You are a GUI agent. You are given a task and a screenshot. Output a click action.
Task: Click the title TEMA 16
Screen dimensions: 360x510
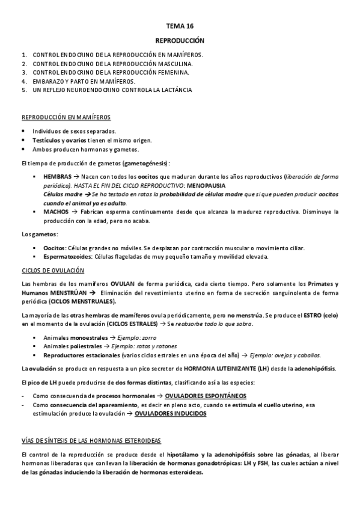(x=180, y=26)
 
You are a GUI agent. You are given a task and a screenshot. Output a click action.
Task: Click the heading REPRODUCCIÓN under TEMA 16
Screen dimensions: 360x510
(x=180, y=40)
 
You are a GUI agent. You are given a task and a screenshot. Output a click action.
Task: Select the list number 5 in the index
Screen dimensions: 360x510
(x=23, y=90)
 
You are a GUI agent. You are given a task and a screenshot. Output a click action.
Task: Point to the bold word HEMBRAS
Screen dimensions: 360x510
(x=56, y=178)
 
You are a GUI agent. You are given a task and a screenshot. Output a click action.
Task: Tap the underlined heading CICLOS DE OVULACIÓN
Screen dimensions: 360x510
(x=52, y=271)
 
